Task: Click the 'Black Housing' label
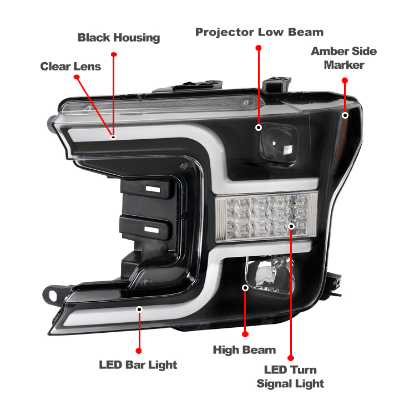pos(119,38)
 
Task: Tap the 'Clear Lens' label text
pos(70,67)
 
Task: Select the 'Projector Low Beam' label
pos(259,32)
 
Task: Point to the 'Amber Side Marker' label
pos(344,58)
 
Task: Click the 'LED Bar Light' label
pos(138,364)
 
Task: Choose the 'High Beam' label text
pos(244,350)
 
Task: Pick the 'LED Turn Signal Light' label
pos(290,377)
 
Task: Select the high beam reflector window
pos(269,275)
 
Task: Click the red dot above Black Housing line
pos(114,54)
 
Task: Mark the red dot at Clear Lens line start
pos(75,78)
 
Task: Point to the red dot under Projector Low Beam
pos(259,48)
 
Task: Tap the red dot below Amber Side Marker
pos(345,80)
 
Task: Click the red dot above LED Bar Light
pos(139,351)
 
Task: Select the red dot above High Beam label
pos(245,334)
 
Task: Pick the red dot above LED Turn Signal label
pos(291,358)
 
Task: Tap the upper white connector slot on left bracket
pos(153,189)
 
